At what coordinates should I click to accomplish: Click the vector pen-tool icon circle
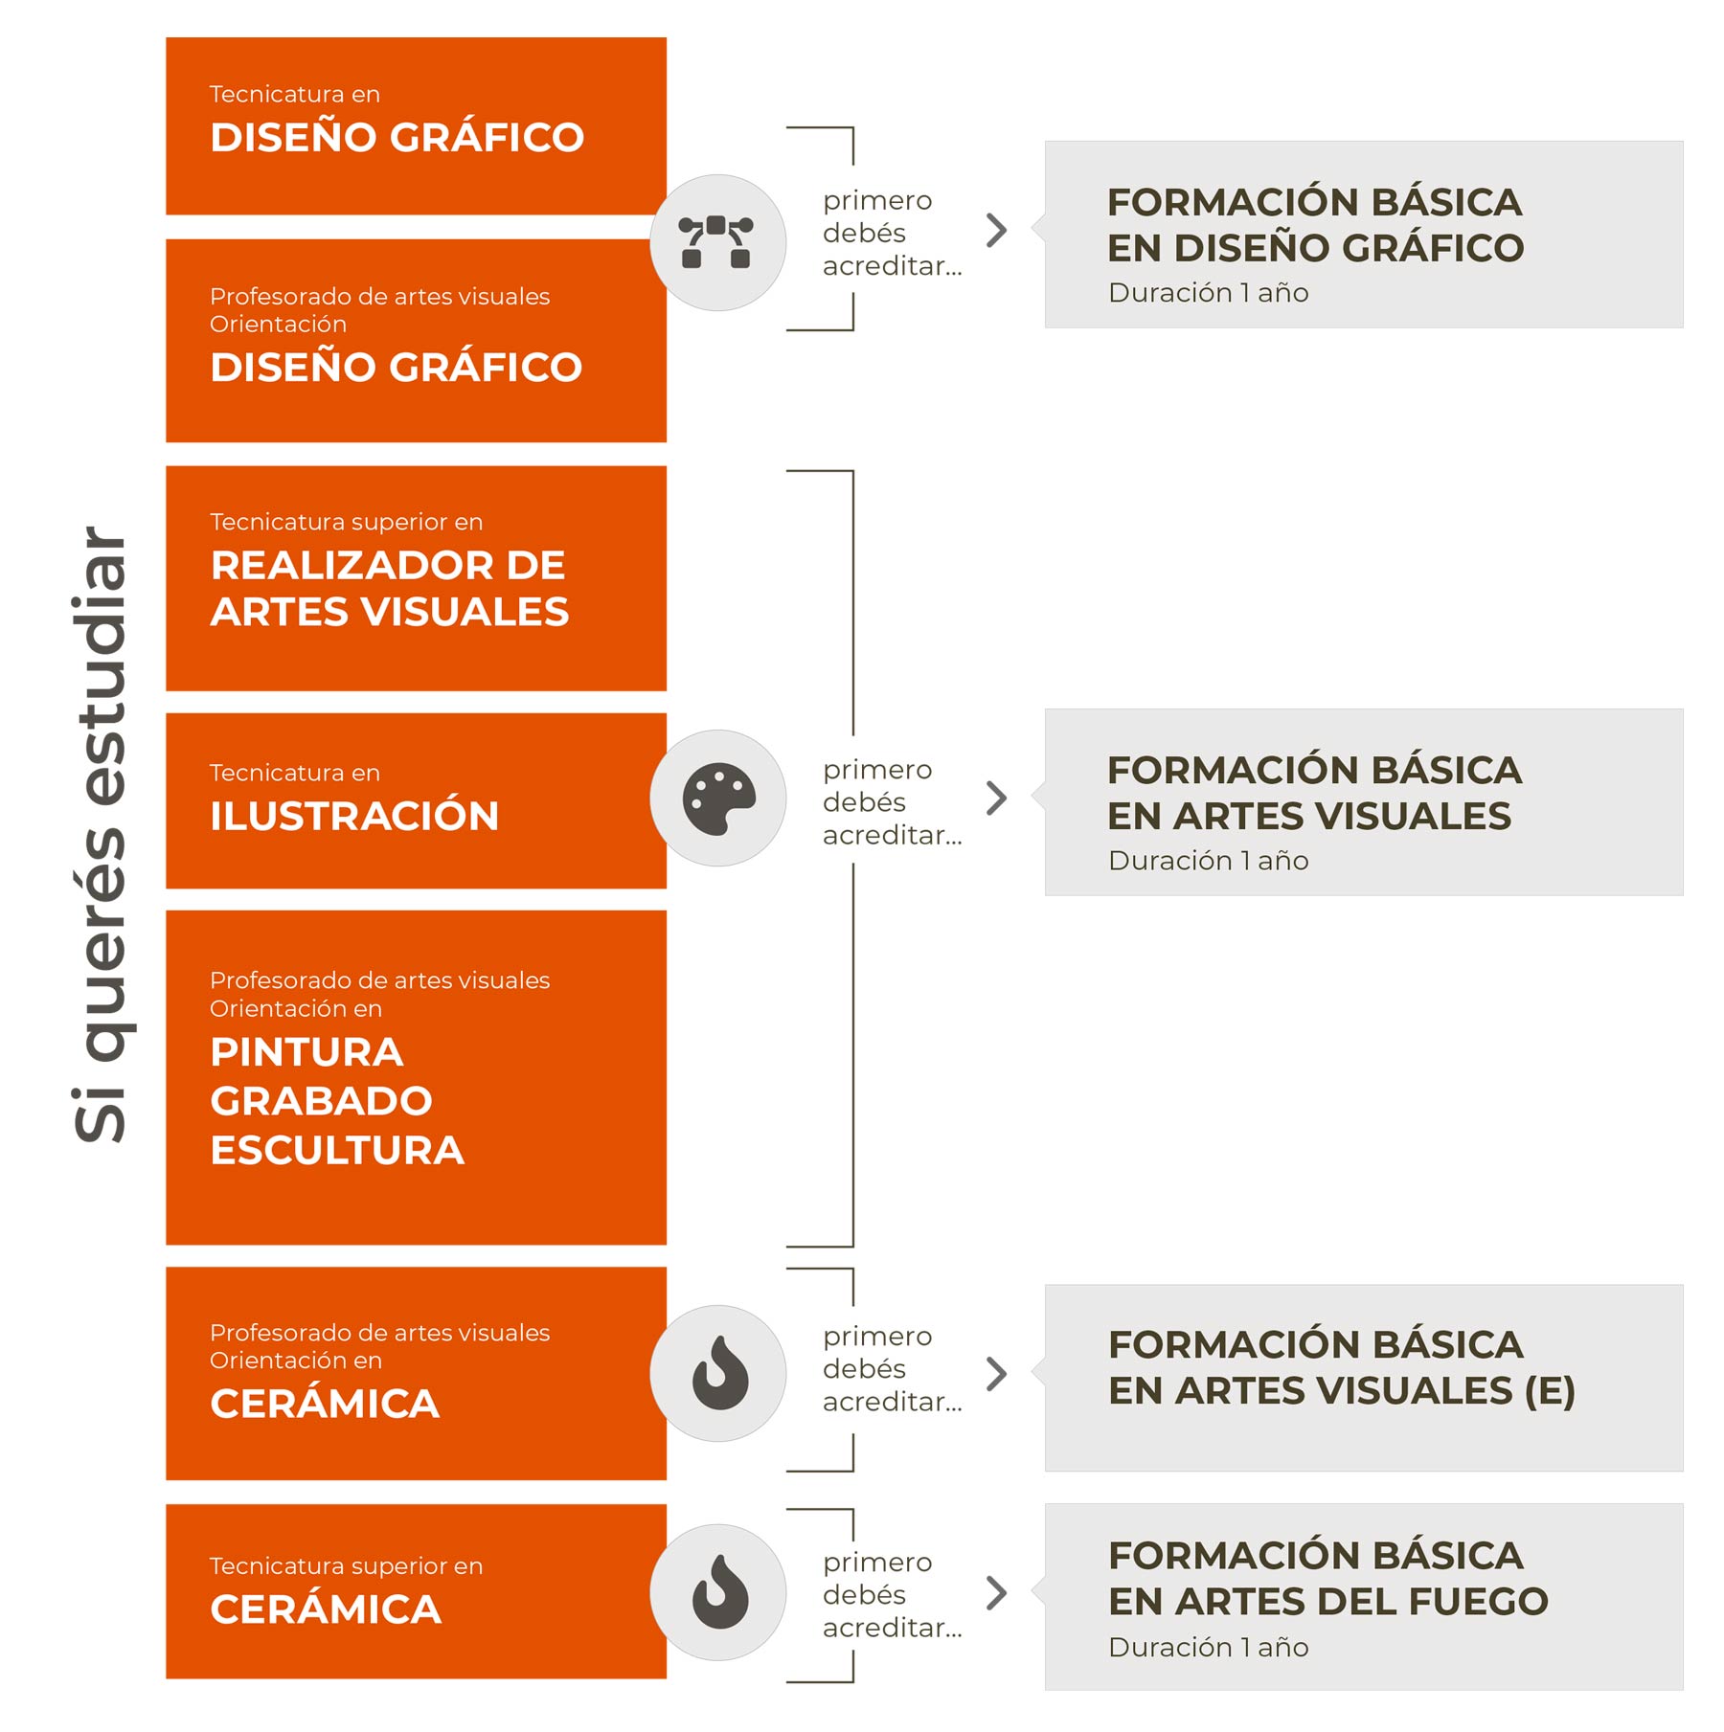(x=717, y=242)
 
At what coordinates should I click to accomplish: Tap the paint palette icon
(x=718, y=799)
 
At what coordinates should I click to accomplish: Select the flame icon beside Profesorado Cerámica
(x=718, y=1373)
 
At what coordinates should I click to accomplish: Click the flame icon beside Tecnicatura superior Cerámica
(x=718, y=1592)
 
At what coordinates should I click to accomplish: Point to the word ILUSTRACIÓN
(x=354, y=816)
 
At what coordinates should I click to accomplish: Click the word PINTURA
(x=306, y=1052)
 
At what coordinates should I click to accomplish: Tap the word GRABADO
(x=321, y=1101)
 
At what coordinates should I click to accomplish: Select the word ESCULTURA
(x=337, y=1150)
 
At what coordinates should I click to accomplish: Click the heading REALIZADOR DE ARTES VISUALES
(x=389, y=588)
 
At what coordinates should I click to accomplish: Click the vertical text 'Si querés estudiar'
(x=102, y=833)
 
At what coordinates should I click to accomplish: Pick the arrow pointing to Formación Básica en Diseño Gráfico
(x=997, y=230)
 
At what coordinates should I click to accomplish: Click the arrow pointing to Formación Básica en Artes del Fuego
(x=997, y=1593)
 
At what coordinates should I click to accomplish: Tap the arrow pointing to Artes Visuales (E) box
(x=997, y=1374)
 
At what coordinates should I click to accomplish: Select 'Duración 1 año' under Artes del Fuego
(x=1208, y=1647)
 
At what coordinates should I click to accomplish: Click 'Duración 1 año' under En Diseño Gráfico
(x=1208, y=292)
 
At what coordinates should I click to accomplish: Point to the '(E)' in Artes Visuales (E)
(x=1549, y=1391)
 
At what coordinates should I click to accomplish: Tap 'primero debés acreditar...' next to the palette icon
(x=891, y=802)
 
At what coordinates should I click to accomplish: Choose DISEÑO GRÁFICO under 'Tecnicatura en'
(x=397, y=137)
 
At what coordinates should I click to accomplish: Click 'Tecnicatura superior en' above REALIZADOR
(x=346, y=522)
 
